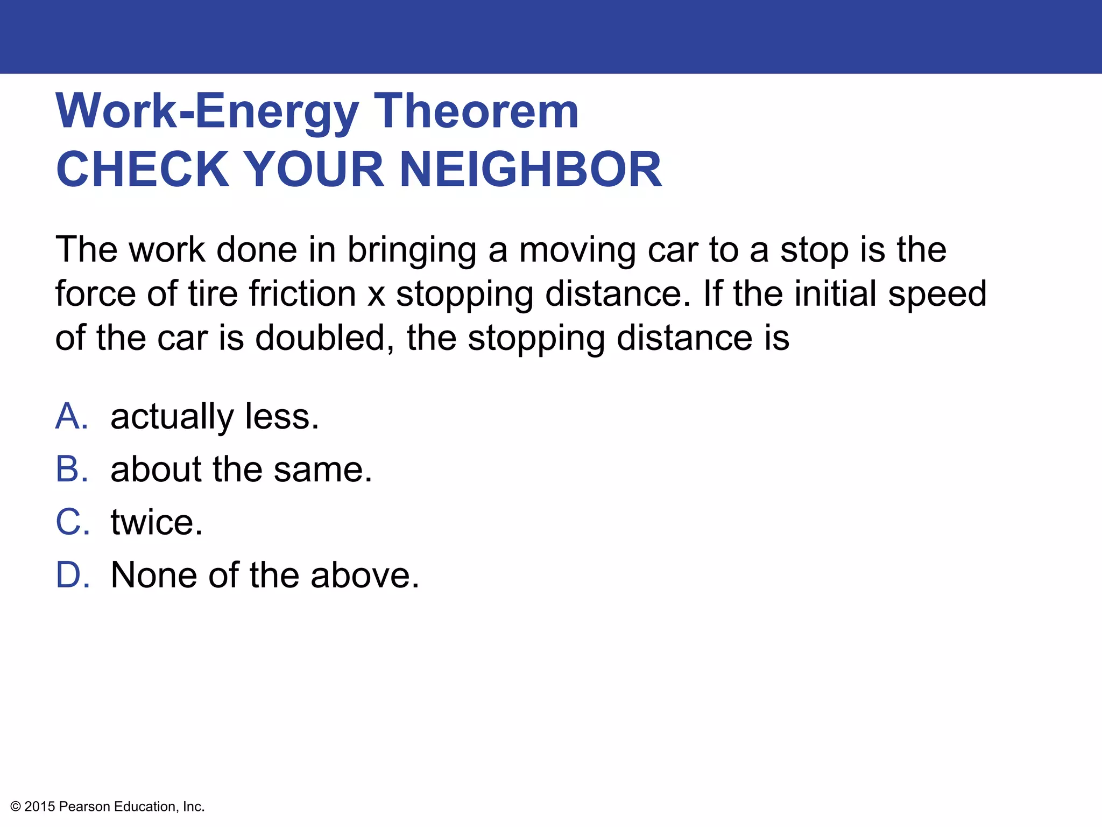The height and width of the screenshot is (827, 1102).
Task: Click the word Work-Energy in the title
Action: click(x=207, y=112)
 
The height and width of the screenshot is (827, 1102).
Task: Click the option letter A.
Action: click(x=71, y=416)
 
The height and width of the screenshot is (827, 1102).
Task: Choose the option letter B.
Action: click(x=71, y=469)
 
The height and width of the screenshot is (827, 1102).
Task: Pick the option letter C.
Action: click(x=72, y=522)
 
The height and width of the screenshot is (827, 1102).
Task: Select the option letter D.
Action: click(x=72, y=574)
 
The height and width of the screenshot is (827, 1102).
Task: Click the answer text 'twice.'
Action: click(x=157, y=522)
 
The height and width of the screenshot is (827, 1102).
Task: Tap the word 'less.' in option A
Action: click(x=281, y=416)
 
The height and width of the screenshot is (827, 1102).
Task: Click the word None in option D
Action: click(x=153, y=574)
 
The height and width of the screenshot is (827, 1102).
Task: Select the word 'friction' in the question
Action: click(x=302, y=294)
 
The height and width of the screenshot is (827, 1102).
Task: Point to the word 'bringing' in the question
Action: click(x=412, y=251)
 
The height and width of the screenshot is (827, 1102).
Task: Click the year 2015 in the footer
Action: click(x=40, y=807)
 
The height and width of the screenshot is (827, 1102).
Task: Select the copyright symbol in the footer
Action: click(x=16, y=807)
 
